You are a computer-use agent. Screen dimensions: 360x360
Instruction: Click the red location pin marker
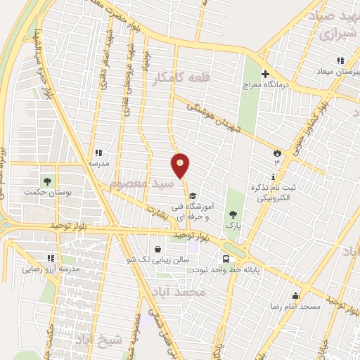point(181,166)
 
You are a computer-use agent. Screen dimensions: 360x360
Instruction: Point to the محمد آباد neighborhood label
point(181,290)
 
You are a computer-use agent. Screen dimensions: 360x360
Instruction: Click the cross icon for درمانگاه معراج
point(265,74)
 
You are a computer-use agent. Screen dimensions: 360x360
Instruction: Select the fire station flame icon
point(276,152)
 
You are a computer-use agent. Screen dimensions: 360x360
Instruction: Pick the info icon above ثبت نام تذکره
point(274,176)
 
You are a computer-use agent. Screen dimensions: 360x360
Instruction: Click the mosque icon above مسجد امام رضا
point(295,295)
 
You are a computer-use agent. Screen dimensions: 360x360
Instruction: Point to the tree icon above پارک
point(233,214)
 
